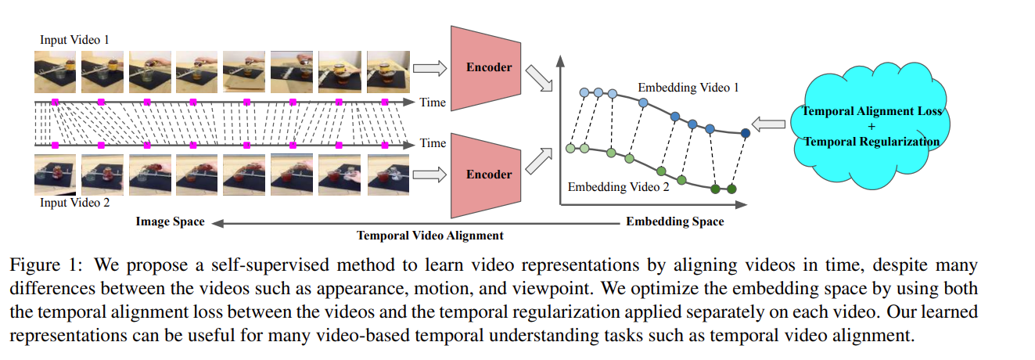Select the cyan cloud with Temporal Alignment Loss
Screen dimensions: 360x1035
[x=871, y=126]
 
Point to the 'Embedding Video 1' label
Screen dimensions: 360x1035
[x=688, y=88]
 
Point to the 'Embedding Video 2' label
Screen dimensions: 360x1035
[x=618, y=187]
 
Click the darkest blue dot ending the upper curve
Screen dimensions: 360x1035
[x=745, y=134]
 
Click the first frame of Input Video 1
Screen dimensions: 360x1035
[x=55, y=72]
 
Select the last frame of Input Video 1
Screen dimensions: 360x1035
[x=387, y=72]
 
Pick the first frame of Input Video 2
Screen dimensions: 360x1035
[x=55, y=174]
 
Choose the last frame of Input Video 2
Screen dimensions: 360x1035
[x=387, y=174]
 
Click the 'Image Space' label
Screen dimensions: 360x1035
[x=170, y=221]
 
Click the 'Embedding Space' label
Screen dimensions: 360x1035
[x=674, y=221]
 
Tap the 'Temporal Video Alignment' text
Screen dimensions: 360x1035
[x=429, y=235]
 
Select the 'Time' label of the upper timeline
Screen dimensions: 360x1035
[x=433, y=102]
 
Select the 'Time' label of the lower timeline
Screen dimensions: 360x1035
[x=433, y=143]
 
